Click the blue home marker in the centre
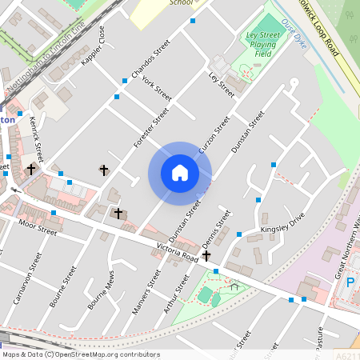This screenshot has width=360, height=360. [x=180, y=173]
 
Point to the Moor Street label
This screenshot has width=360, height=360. [x=38, y=227]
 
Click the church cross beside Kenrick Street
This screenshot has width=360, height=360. [x=31, y=169]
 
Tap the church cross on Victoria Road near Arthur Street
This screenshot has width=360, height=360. [x=206, y=256]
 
